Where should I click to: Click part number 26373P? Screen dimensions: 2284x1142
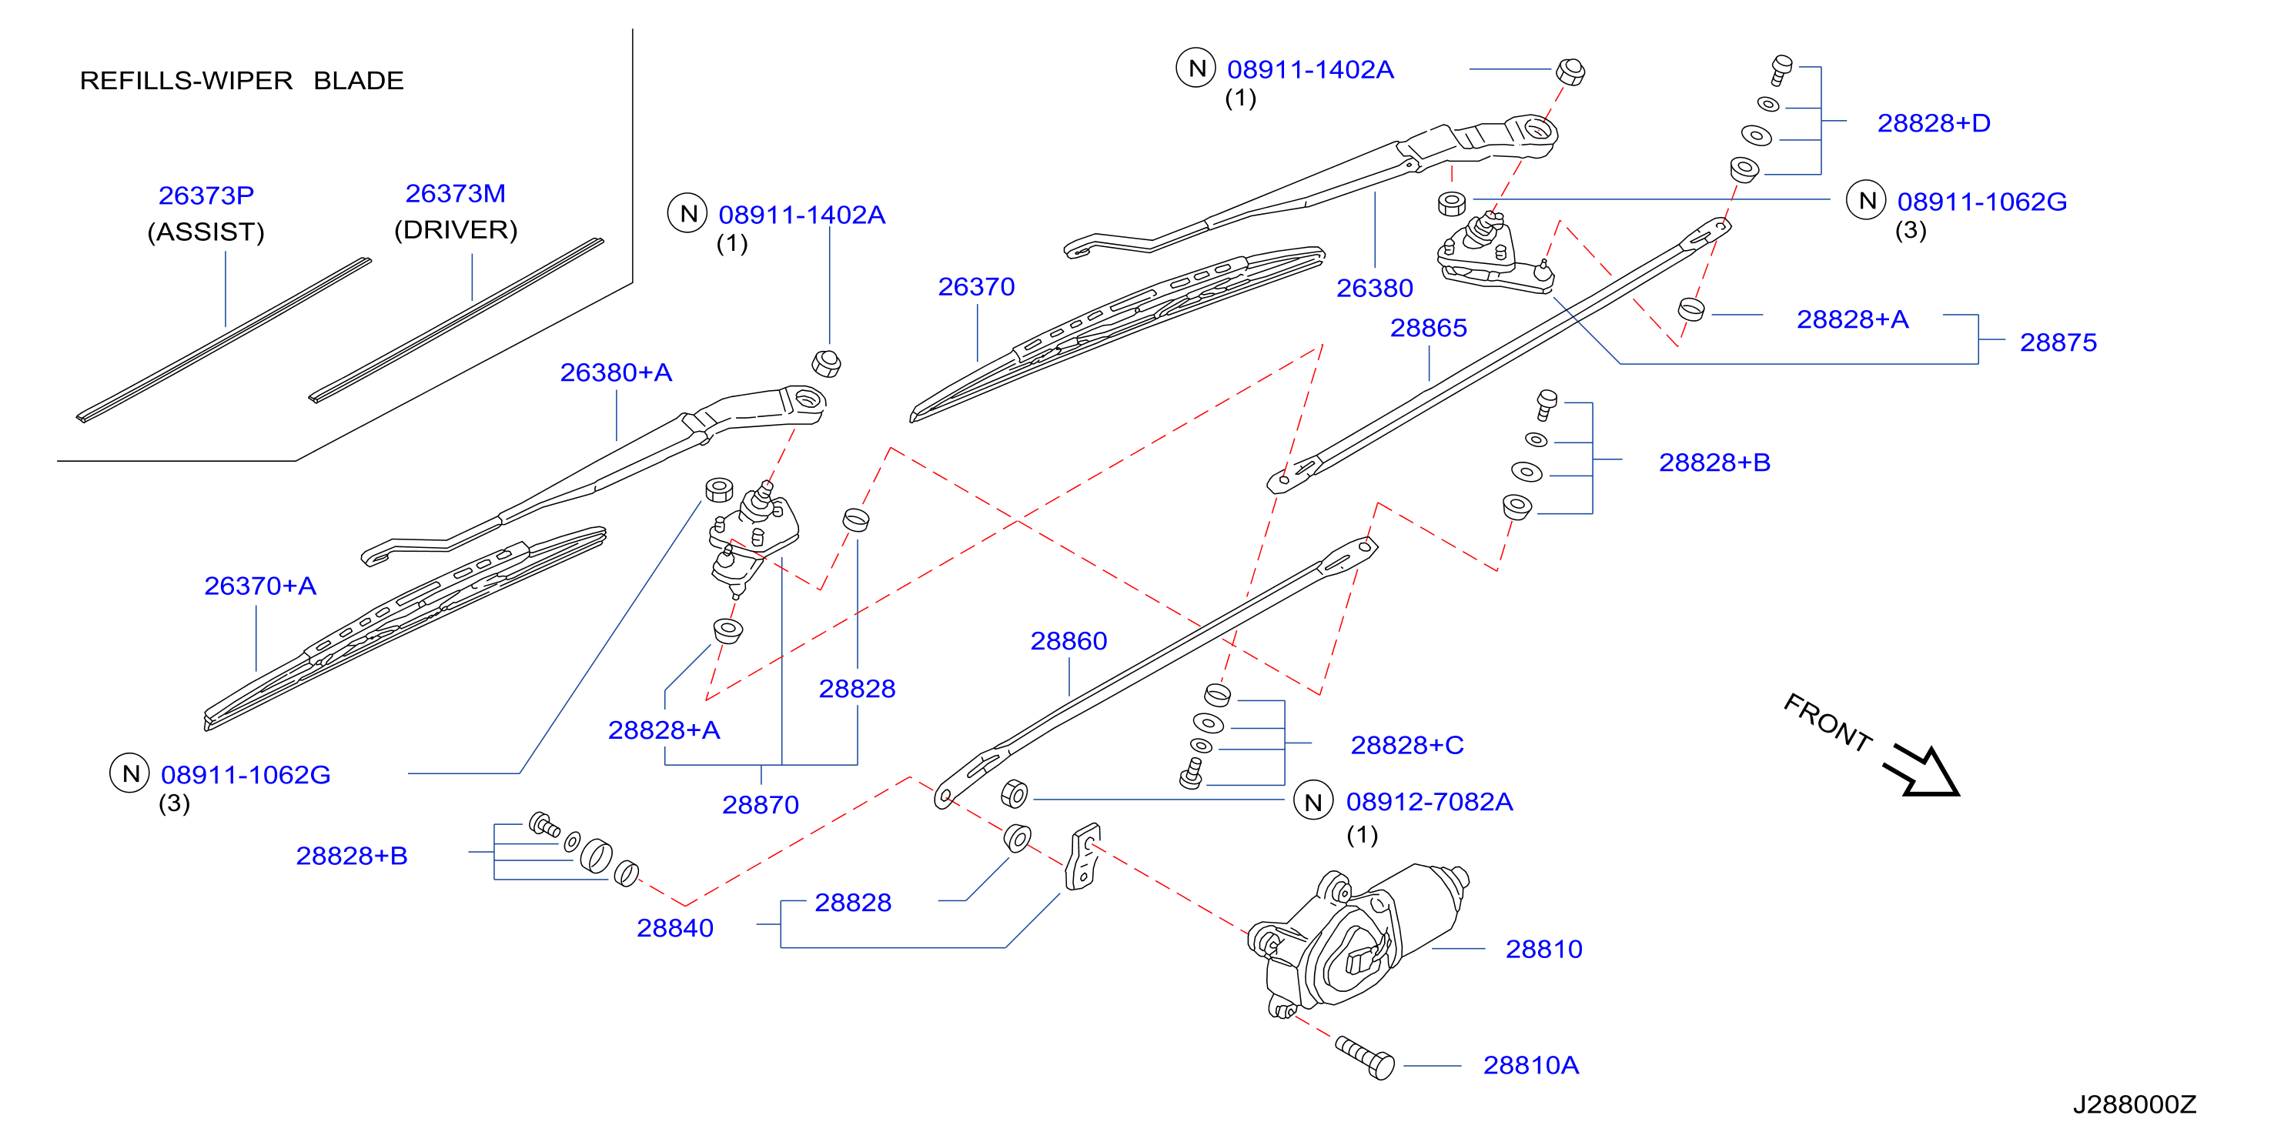coord(206,195)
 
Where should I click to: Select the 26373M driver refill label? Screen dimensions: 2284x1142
coord(456,193)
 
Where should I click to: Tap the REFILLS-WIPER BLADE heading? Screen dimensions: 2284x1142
coord(241,81)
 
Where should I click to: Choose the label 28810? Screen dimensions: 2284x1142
coord(1543,950)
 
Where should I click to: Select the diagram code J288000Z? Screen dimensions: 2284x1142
coord(2134,1105)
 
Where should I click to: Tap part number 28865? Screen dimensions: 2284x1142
coord(1429,328)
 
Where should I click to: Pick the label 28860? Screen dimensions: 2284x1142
coord(1068,641)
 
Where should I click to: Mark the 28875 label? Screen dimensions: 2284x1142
coord(2058,342)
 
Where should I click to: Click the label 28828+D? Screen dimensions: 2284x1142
coord(1934,123)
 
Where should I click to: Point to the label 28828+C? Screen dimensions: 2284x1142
coord(1407,746)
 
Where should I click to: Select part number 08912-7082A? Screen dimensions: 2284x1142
coord(1430,803)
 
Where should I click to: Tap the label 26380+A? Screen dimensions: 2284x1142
coord(615,372)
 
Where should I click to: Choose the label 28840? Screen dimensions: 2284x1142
coord(675,928)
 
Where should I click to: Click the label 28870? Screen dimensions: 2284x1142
coord(760,805)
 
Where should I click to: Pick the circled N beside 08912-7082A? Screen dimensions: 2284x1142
coord(1313,802)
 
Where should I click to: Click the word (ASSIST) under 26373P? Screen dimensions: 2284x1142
coord(206,232)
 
